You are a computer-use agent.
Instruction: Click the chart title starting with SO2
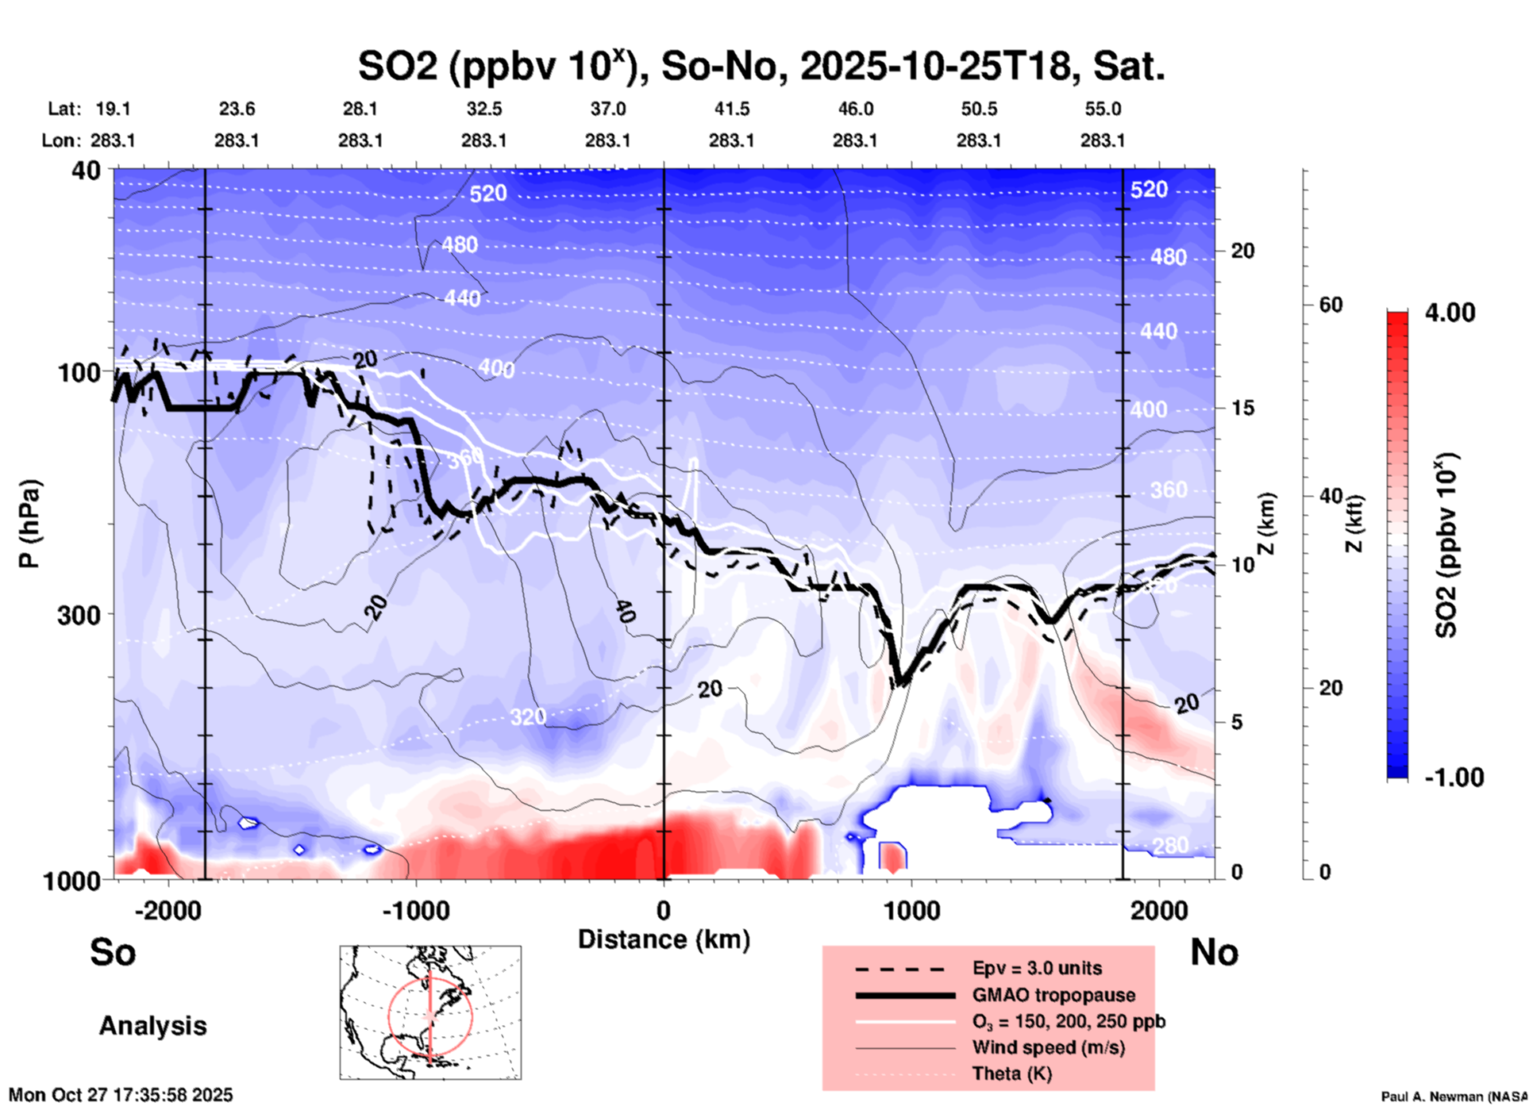tap(761, 66)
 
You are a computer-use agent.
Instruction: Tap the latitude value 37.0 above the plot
tap(607, 109)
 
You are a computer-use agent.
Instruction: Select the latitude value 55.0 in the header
tap(1102, 109)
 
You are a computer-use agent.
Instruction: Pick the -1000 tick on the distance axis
tap(415, 911)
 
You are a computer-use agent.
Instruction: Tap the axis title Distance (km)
tap(664, 939)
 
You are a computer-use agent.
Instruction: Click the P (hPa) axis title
tap(30, 524)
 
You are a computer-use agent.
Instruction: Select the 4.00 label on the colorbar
tap(1450, 313)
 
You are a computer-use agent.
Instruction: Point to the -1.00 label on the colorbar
tap(1454, 778)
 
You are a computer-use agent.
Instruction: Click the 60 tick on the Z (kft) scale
tap(1331, 305)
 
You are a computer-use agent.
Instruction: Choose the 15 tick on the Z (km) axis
tap(1242, 408)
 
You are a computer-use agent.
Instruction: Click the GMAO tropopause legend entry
tap(1053, 995)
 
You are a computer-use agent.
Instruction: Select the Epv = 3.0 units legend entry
tap(1037, 968)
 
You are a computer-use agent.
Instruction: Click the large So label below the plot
tap(113, 952)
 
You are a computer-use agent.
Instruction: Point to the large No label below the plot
tap(1214, 952)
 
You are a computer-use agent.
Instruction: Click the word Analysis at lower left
tap(152, 1026)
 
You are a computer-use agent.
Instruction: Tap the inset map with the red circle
tap(430, 1012)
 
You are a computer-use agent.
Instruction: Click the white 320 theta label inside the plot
tap(527, 717)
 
